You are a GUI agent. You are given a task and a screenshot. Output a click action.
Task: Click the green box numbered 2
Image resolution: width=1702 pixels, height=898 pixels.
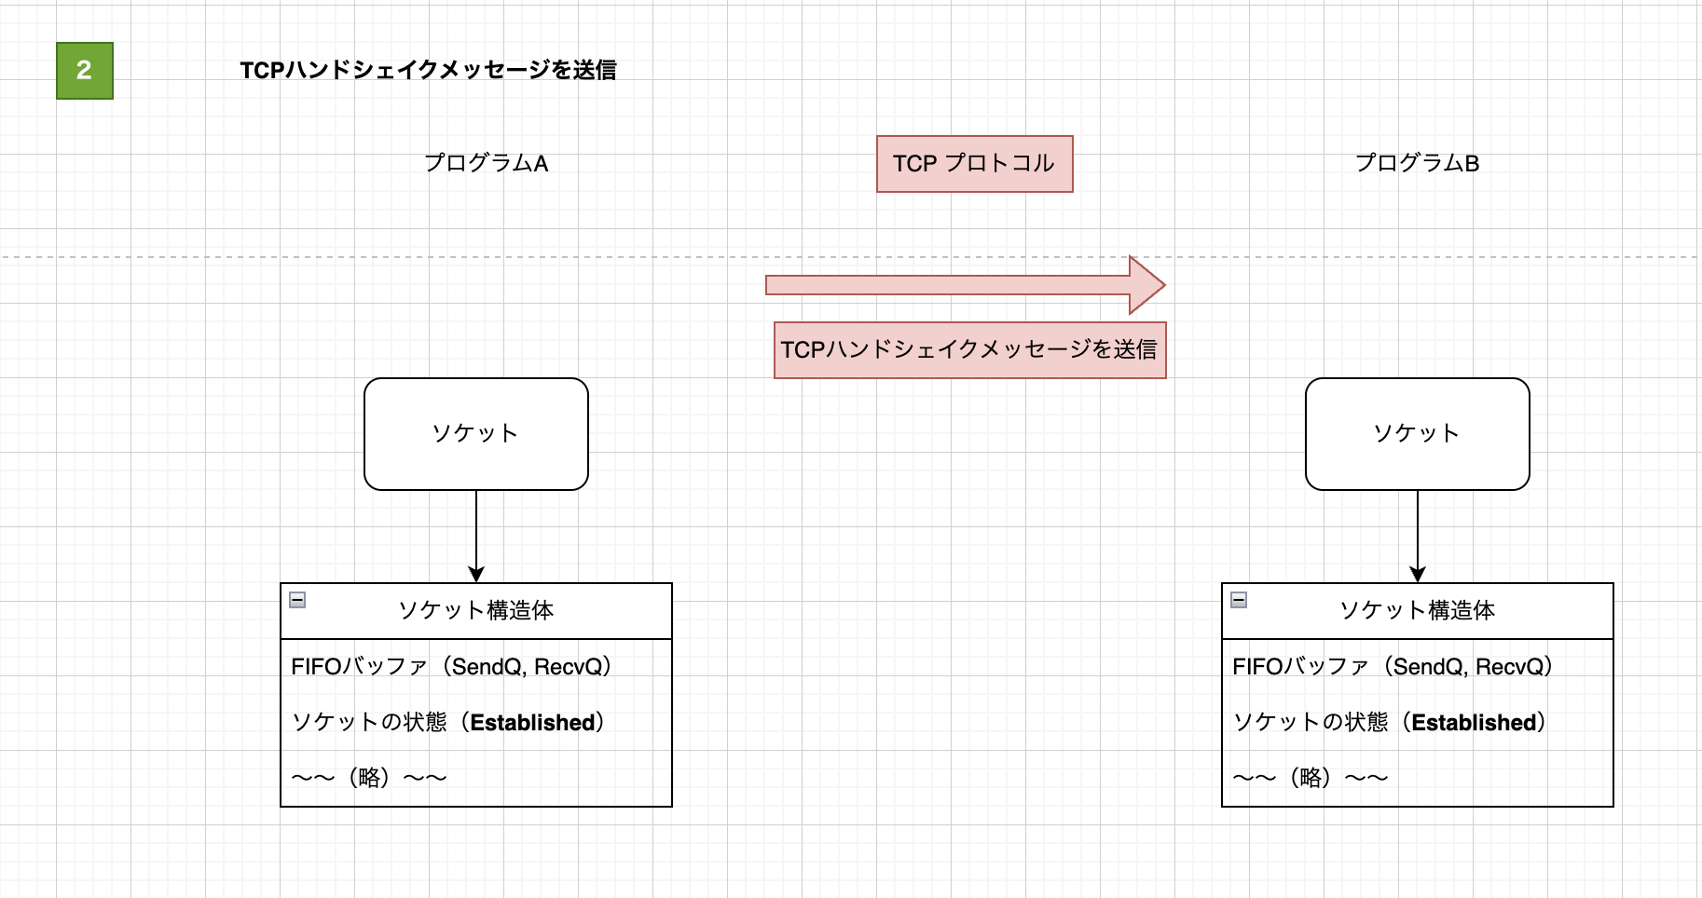[x=84, y=71]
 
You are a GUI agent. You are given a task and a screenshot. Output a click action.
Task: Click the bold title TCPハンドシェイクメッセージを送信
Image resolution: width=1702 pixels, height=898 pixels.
[x=428, y=71]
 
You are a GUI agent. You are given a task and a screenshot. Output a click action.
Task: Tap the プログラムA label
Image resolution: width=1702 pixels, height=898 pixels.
[x=486, y=164]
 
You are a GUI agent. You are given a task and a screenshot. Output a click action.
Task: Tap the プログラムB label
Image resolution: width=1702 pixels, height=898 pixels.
[x=1417, y=164]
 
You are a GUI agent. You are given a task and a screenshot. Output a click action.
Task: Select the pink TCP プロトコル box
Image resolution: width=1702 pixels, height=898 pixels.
[x=974, y=164]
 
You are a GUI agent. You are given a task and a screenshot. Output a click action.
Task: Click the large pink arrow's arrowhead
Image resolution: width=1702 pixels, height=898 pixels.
[x=1147, y=285]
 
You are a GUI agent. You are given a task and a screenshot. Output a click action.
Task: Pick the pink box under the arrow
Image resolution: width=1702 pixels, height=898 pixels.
[x=969, y=350]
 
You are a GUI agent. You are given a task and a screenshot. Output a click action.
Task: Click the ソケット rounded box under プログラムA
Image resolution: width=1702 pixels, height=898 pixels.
[x=475, y=434]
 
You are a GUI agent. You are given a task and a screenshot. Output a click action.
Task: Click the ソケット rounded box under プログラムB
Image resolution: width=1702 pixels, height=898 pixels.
[x=1417, y=434]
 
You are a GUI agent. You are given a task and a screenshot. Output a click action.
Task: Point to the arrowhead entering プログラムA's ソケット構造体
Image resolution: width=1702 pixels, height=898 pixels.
[x=476, y=575]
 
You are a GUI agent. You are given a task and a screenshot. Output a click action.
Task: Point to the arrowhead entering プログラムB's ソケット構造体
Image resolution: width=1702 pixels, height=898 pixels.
[x=1418, y=575]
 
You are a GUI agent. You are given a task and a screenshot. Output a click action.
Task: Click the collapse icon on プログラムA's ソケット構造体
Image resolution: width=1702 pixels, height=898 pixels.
[x=297, y=600]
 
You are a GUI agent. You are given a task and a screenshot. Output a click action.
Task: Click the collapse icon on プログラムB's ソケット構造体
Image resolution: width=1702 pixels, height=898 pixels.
[x=1239, y=600]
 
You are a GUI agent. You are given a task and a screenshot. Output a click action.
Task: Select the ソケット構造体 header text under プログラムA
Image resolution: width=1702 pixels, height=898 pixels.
[x=475, y=611]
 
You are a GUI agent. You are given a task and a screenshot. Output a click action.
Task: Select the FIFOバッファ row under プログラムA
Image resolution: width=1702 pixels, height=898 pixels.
[x=451, y=667]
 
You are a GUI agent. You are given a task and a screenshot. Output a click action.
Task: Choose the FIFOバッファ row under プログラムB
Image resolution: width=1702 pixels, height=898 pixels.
[x=1393, y=667]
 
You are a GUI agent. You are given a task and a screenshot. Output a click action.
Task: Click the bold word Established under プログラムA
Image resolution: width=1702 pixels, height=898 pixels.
[x=532, y=723]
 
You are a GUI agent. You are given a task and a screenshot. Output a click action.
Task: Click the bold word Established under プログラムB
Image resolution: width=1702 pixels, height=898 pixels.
[x=1474, y=723]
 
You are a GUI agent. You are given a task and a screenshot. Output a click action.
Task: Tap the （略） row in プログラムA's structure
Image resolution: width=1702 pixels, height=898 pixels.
[x=369, y=778]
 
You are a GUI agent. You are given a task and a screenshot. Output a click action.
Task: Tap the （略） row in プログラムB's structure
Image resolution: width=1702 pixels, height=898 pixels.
[x=1311, y=778]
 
